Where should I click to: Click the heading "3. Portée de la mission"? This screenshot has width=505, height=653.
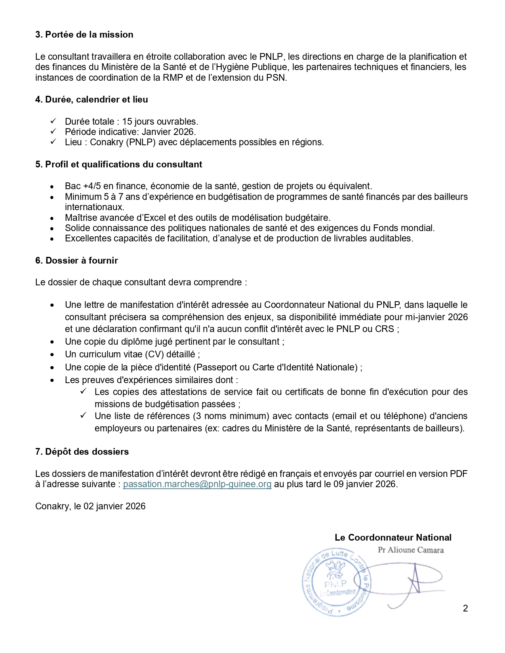pyautogui.click(x=84, y=35)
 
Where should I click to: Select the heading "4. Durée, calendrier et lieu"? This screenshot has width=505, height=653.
pyautogui.click(x=91, y=100)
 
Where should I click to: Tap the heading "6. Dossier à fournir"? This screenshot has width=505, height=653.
pyautogui.click(x=76, y=260)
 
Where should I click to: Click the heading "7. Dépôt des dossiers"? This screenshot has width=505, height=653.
pyautogui.click(x=82, y=452)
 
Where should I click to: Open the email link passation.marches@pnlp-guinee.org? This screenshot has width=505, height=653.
pyautogui.click(x=197, y=484)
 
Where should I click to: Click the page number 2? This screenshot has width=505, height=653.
pyautogui.click(x=465, y=608)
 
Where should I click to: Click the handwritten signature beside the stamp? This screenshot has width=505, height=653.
pyautogui.click(x=412, y=582)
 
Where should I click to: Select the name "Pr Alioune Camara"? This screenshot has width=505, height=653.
pyautogui.click(x=411, y=550)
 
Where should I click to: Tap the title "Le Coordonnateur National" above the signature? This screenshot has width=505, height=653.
pyautogui.click(x=393, y=537)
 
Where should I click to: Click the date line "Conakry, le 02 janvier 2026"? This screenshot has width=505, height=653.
pyautogui.click(x=90, y=506)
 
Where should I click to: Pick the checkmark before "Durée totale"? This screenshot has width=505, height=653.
pyautogui.click(x=54, y=121)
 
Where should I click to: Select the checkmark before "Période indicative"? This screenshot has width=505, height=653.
pyautogui.click(x=54, y=131)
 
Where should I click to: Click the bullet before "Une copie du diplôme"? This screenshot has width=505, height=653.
pyautogui.click(x=52, y=342)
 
